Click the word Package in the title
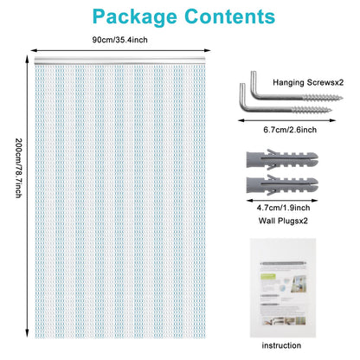coord(135,17)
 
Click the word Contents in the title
coord(230,16)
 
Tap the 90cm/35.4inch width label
coord(119,40)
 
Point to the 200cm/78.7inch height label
coord(18,168)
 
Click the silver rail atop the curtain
coord(120,61)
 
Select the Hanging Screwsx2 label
coord(308,82)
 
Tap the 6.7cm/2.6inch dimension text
coord(290,130)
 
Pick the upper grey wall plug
coord(282,159)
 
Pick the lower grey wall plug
coord(282,185)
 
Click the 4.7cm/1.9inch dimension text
coord(283,208)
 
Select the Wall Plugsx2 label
coord(283,221)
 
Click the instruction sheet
coord(283,288)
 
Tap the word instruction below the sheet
coord(281,345)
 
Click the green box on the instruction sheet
coord(268,277)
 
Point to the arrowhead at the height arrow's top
coord(27,59)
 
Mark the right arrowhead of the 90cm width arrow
coord(208,50)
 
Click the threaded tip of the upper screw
coord(341,98)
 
